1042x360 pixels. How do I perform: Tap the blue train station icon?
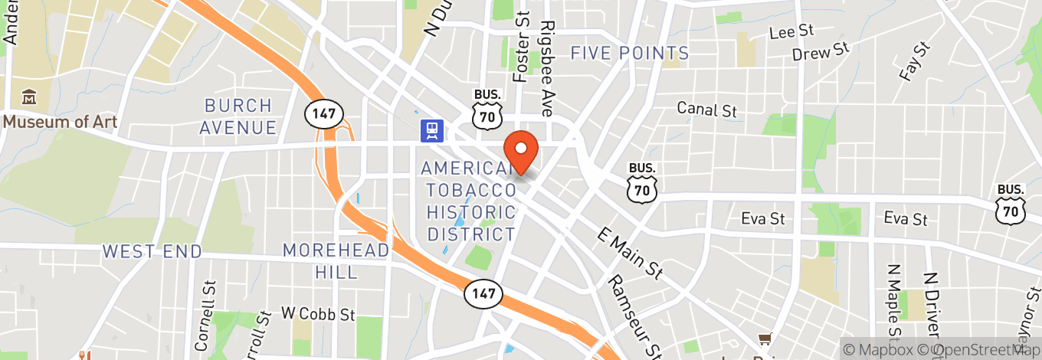click(x=432, y=130)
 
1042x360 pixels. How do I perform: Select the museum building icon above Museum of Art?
click(x=29, y=97)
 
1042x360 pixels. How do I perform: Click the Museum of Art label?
click(x=60, y=121)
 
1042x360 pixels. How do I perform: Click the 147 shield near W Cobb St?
click(x=483, y=293)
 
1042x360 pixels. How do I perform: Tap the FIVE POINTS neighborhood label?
click(x=630, y=53)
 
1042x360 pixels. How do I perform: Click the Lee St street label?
click(x=791, y=31)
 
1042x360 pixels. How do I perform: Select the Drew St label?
click(x=821, y=52)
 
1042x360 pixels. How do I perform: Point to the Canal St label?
click(x=706, y=109)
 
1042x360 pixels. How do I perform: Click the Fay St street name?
click(x=913, y=61)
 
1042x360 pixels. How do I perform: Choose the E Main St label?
click(x=629, y=254)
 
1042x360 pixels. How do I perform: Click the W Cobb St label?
click(x=318, y=313)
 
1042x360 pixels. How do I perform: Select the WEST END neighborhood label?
click(x=152, y=251)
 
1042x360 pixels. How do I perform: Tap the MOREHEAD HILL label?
click(x=336, y=260)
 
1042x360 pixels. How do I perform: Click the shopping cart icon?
click(x=764, y=339)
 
